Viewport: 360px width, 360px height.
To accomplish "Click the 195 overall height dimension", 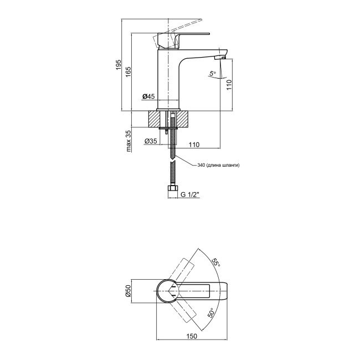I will (118, 66).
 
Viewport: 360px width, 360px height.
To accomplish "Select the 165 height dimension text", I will (128, 73).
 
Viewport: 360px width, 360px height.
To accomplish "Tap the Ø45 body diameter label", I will (148, 97).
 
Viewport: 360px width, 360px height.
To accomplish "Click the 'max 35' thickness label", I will (128, 141).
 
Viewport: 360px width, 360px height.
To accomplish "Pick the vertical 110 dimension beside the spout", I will (228, 85).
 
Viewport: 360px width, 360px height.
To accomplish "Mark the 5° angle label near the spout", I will (211, 73).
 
